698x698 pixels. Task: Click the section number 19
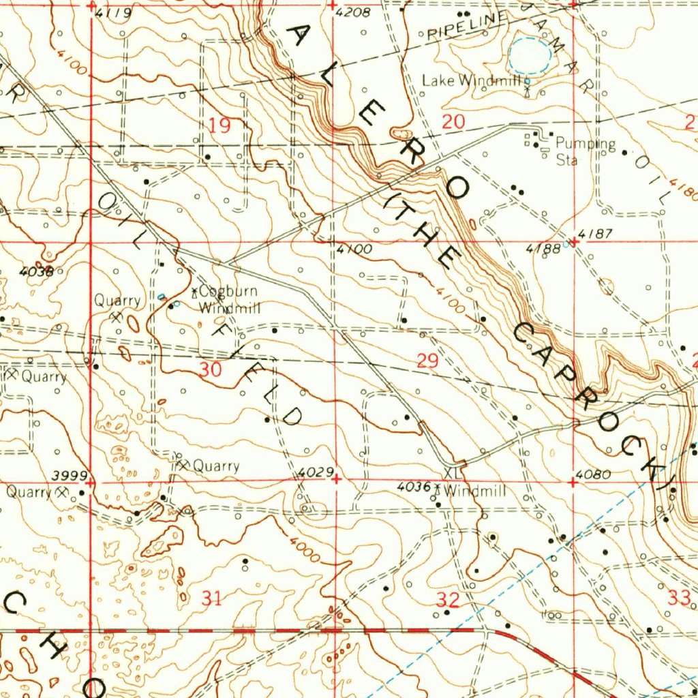(x=219, y=125)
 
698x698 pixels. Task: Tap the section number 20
(x=453, y=123)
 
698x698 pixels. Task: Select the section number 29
(x=427, y=361)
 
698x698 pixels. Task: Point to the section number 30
(x=211, y=369)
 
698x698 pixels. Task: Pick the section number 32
(x=448, y=600)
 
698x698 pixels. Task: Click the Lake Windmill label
(x=472, y=80)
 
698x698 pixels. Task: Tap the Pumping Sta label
(x=585, y=151)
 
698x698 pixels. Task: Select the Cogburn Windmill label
(x=230, y=300)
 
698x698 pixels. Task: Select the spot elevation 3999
(x=70, y=475)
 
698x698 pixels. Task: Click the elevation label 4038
(x=36, y=271)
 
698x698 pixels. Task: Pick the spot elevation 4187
(x=599, y=234)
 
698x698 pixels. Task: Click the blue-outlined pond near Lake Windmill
(x=530, y=55)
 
